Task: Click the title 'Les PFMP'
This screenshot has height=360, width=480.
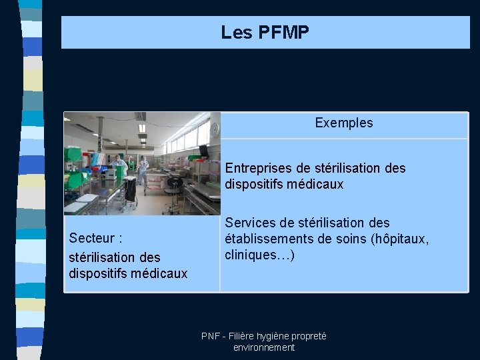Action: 265,32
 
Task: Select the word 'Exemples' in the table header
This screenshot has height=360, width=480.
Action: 344,123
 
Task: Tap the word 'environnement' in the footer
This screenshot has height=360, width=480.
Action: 264,348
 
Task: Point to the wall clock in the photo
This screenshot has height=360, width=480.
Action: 214,129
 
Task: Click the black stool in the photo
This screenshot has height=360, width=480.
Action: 175,184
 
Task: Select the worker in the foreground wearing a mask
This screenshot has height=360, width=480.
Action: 121,167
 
